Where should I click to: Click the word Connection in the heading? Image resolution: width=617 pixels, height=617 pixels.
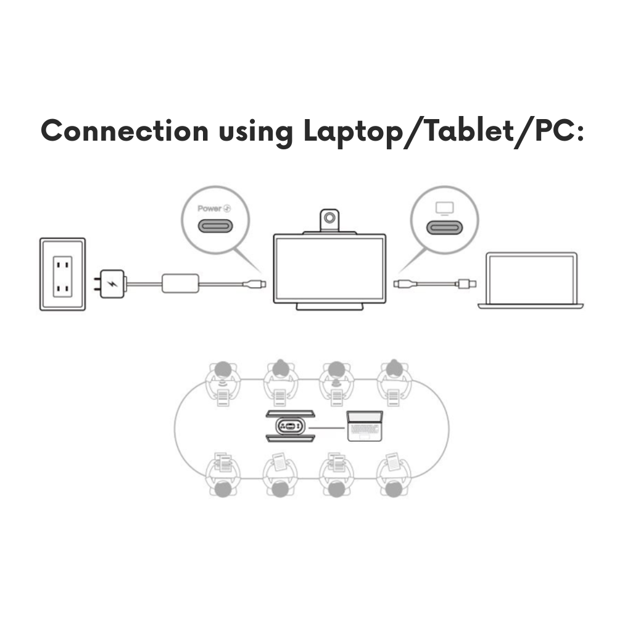125,130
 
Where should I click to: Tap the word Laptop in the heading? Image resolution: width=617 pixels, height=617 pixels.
354,133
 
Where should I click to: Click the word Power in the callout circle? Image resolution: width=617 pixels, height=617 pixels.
209,208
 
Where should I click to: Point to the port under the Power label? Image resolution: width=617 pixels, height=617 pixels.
215,226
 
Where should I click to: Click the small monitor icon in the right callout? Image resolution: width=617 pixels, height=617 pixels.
445,209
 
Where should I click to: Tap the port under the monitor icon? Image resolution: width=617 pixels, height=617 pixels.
445,228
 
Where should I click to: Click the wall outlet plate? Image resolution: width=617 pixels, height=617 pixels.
62,275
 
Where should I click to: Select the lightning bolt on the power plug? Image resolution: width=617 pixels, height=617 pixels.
113,284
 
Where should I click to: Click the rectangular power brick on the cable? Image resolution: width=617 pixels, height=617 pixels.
180,283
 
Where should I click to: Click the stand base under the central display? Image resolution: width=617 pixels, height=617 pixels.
329,307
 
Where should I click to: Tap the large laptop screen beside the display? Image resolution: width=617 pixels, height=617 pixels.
531,280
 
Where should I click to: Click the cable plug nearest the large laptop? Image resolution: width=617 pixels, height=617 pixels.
467,284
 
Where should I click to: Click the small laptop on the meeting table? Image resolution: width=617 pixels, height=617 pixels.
365,426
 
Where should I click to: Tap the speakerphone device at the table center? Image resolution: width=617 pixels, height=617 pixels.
291,426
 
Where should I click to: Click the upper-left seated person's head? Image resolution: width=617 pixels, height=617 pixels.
223,370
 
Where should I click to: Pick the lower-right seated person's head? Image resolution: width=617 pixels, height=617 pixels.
394,489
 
